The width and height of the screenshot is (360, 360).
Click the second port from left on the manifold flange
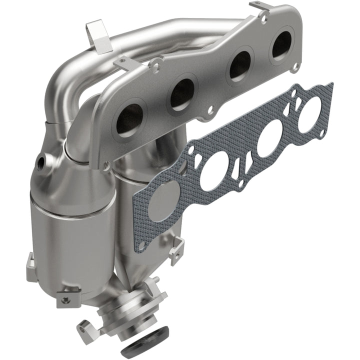(x=182, y=93)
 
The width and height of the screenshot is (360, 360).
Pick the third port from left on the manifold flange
(x=239, y=65)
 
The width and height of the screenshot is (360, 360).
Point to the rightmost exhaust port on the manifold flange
(x=281, y=45)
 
